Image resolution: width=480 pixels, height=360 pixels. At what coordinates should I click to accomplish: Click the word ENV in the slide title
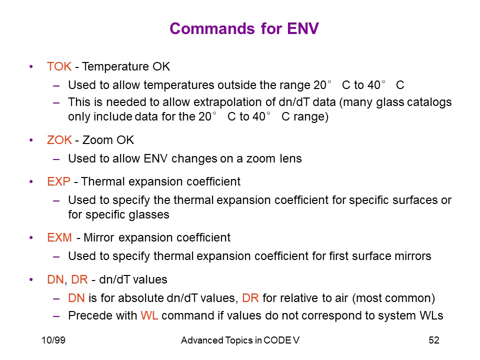(x=303, y=28)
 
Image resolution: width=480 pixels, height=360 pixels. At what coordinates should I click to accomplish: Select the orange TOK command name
(x=59, y=66)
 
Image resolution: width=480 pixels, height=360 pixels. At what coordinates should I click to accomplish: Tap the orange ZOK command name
(x=59, y=140)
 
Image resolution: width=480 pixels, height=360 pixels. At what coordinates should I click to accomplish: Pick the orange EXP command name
(x=59, y=181)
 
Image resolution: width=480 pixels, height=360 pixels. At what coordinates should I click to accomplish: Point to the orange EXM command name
(x=59, y=237)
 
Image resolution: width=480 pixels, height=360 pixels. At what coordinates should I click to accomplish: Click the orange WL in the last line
(x=149, y=315)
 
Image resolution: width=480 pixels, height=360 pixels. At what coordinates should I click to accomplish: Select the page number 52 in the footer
(x=434, y=340)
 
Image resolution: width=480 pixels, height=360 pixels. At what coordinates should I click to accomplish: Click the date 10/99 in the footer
(x=53, y=340)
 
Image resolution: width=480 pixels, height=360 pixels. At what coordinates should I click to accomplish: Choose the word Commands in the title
(x=212, y=28)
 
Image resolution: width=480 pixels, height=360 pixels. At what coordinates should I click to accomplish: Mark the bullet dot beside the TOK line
(x=31, y=66)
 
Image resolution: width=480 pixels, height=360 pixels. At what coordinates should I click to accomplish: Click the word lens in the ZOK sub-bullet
(x=290, y=158)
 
